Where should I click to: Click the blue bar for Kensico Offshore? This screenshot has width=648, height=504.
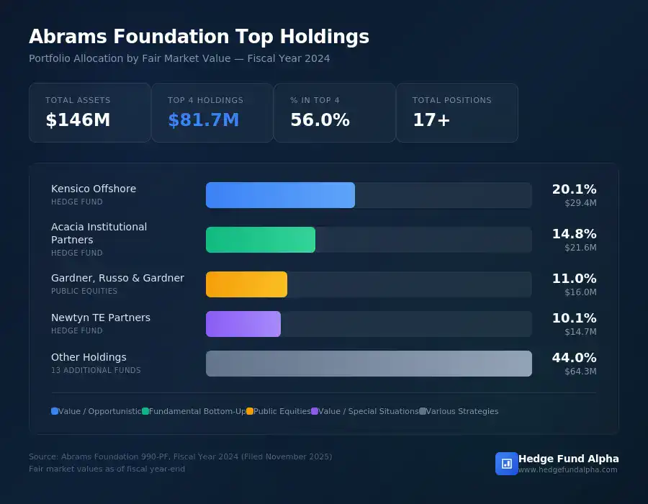point(280,195)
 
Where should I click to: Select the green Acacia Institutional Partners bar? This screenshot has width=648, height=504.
point(261,240)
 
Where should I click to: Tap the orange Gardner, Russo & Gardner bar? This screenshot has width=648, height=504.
point(246,284)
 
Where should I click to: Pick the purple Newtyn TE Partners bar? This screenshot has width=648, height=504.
point(243,324)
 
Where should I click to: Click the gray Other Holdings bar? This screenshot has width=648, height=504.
point(369,364)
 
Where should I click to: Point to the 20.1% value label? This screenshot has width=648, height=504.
point(574,189)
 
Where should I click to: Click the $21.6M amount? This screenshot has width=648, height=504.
point(580,248)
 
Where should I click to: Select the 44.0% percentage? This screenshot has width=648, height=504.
point(574,358)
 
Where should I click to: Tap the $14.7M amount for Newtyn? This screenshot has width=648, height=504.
point(580,332)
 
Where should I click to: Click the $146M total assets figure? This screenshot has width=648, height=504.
point(78,120)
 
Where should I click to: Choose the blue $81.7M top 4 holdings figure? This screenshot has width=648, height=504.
point(203,120)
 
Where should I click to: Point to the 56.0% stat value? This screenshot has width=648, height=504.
point(320,120)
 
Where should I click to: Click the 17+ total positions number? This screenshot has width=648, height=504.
point(431,120)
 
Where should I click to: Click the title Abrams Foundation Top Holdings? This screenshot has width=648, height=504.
point(199,37)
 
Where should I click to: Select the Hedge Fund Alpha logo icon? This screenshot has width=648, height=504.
point(506,464)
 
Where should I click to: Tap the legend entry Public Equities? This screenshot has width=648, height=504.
point(282,411)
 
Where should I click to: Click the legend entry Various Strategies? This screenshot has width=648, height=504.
point(462,411)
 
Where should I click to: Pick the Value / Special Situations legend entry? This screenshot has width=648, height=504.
point(368,411)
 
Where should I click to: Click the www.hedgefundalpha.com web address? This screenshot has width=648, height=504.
point(567,469)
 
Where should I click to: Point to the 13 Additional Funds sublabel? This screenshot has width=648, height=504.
point(96,370)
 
